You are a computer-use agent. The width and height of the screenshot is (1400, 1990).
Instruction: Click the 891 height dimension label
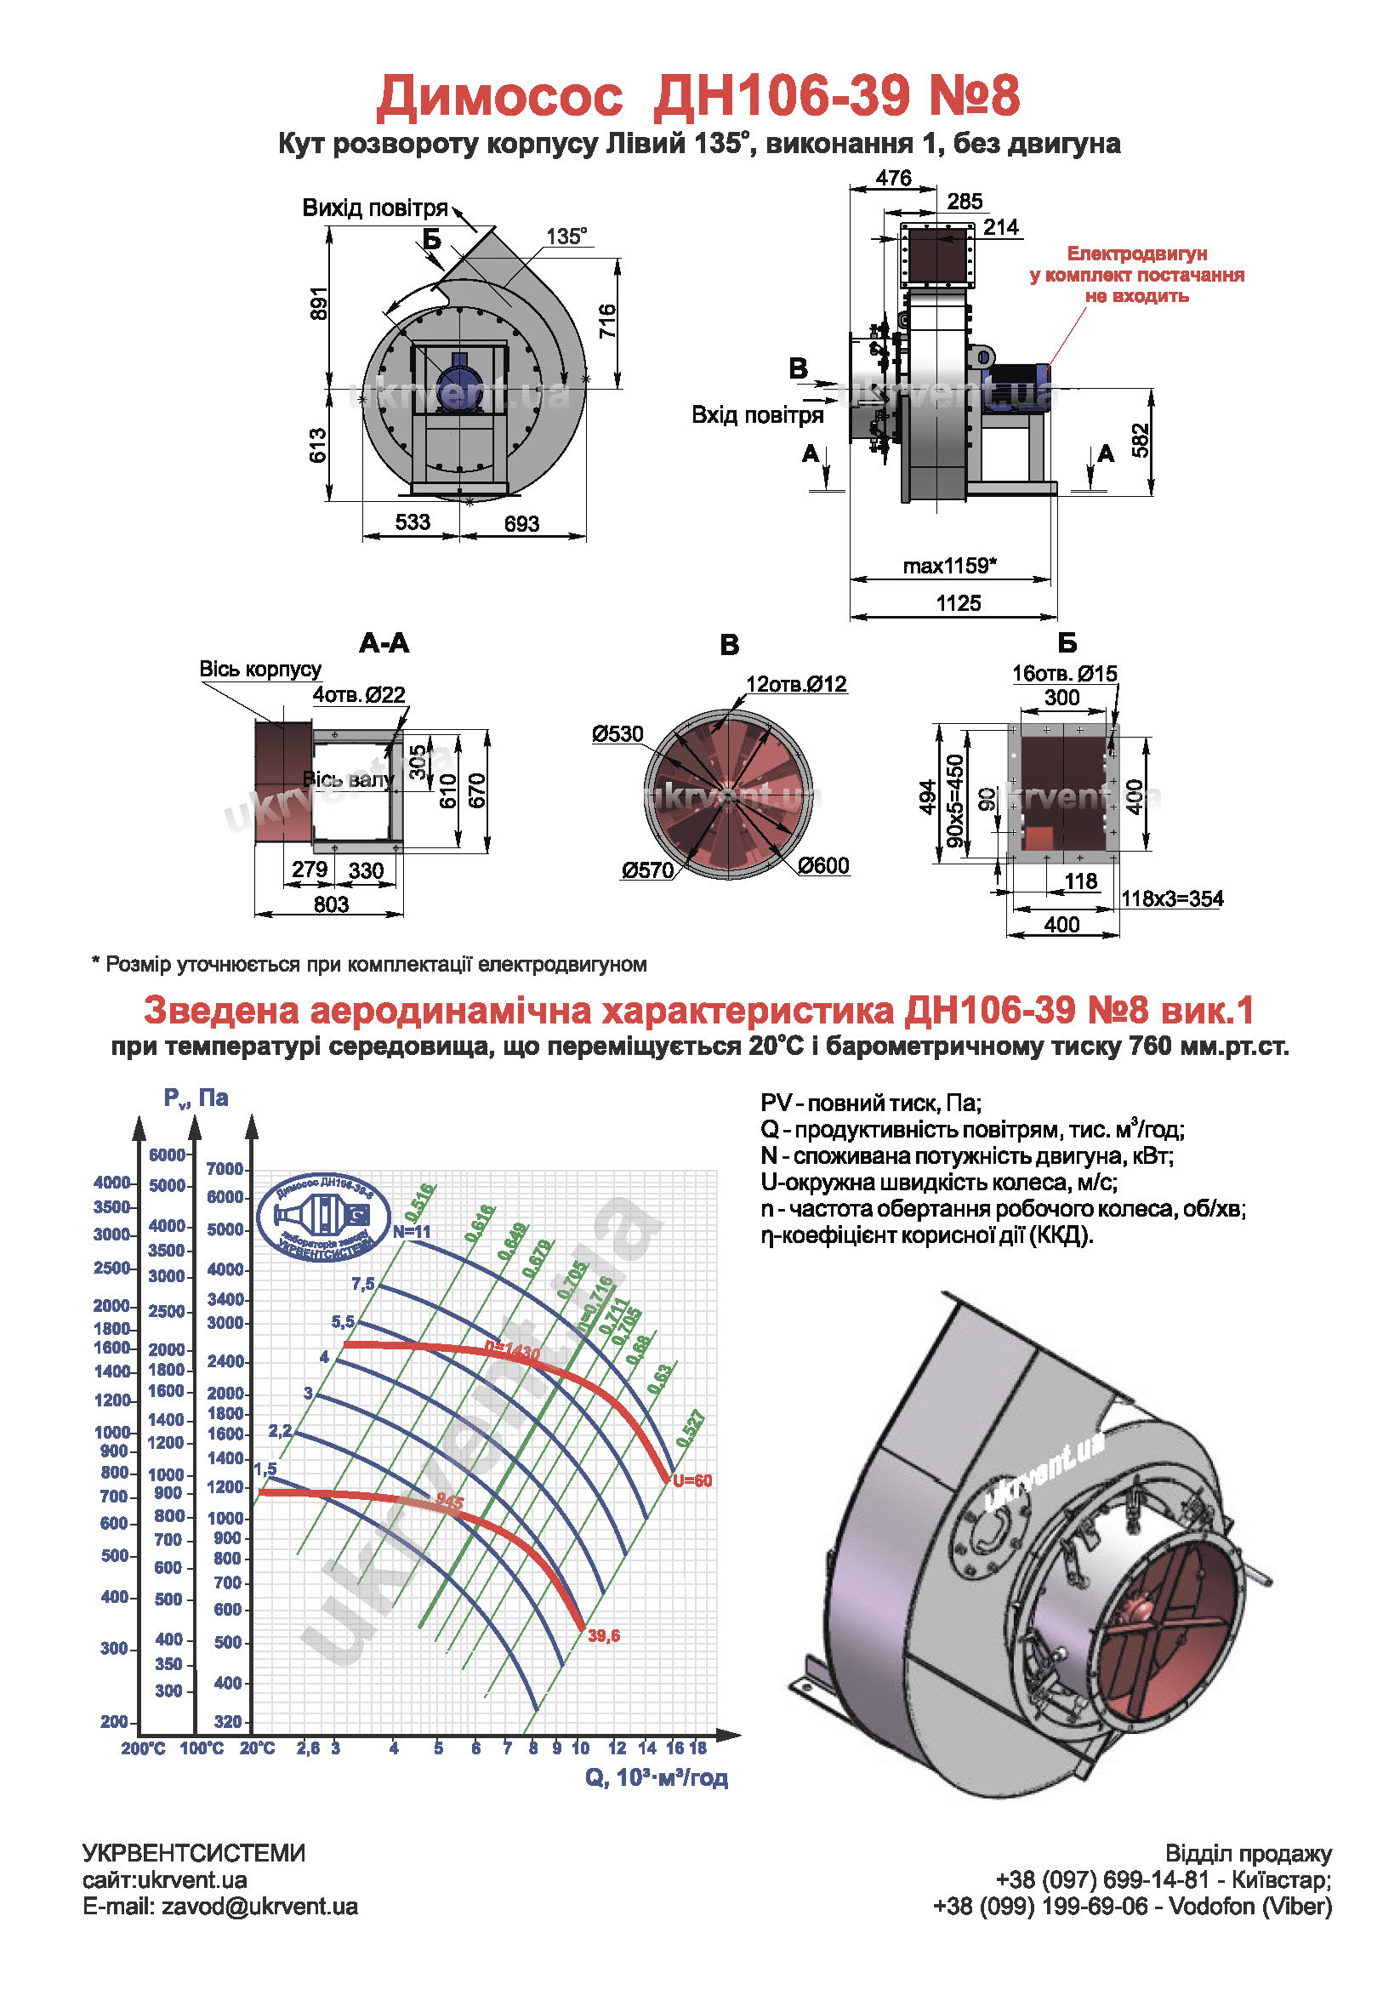(320, 303)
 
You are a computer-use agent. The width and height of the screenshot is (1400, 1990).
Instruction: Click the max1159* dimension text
(949, 566)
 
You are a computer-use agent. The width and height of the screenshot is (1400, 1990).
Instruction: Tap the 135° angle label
(566, 237)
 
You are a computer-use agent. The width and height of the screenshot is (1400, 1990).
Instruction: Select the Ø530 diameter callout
(617, 734)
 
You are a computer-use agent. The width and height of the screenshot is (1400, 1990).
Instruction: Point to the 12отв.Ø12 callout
(796, 684)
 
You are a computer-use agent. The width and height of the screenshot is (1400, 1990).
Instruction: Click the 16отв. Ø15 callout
(1065, 674)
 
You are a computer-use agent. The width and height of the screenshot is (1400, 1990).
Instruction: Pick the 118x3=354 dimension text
(1172, 898)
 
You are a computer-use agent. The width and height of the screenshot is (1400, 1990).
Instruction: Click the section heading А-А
(384, 643)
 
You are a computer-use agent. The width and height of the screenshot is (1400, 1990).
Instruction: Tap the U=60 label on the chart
(692, 1481)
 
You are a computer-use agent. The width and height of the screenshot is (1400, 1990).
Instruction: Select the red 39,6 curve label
(604, 1636)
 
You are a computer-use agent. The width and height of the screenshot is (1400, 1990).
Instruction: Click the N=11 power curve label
(412, 1232)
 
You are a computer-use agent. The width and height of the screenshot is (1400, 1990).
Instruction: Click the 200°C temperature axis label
(143, 1749)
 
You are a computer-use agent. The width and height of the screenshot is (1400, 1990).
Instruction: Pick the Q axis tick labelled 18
(698, 1748)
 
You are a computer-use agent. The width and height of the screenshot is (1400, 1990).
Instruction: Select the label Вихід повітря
(374, 208)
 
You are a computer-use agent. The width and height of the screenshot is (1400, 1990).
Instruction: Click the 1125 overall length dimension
(959, 603)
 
